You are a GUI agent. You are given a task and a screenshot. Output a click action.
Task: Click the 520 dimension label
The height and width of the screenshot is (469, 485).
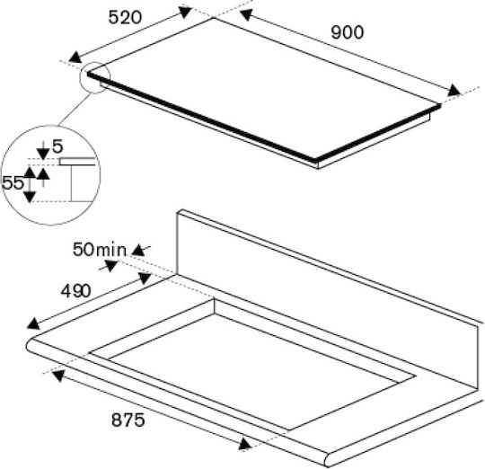coord(125,17)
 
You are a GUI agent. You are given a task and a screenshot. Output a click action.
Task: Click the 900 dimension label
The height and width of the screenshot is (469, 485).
coord(348,32)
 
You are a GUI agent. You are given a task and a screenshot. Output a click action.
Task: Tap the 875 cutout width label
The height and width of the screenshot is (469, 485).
coord(128,420)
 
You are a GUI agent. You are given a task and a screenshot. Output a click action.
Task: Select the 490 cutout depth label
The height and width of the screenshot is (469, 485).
coord(76,291)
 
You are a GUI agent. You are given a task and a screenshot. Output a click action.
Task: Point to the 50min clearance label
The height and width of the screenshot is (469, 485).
coord(100,250)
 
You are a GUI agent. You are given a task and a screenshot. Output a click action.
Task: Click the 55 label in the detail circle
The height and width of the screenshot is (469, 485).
coord(13,182)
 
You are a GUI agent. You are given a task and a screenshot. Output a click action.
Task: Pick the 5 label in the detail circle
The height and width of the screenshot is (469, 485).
coord(57,146)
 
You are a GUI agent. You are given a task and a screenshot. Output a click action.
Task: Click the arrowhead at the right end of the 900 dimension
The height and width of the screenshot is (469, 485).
coord(454,91)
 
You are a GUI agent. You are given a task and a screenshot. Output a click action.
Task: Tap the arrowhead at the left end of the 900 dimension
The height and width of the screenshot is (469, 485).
coord(246,15)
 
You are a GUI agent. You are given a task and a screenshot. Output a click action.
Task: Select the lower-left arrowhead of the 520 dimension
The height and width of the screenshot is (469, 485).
coord(75,58)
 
